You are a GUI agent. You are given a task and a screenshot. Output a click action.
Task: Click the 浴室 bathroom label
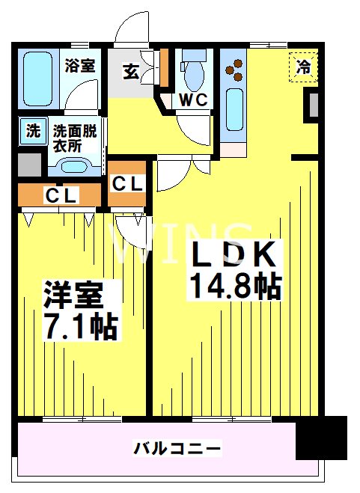pyautogui.click(x=80, y=65)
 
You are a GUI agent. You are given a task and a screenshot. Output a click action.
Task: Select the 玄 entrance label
pyautogui.click(x=130, y=72)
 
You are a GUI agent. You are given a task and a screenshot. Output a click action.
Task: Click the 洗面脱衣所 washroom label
pyautogui.click(x=75, y=138)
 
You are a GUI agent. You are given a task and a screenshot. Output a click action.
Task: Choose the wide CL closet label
pyautogui.click(x=59, y=196)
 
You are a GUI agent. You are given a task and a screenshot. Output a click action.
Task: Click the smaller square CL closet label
pyautogui.click(x=127, y=183)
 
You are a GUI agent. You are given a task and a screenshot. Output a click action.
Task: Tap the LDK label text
pyautogui.click(x=234, y=255)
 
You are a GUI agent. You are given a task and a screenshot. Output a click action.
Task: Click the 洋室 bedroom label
pyautogui.click(x=73, y=294)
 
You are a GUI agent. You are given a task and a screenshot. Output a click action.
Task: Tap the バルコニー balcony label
pyautogui.click(x=177, y=450)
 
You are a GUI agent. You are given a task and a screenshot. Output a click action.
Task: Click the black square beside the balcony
pyautogui.click(x=322, y=438)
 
